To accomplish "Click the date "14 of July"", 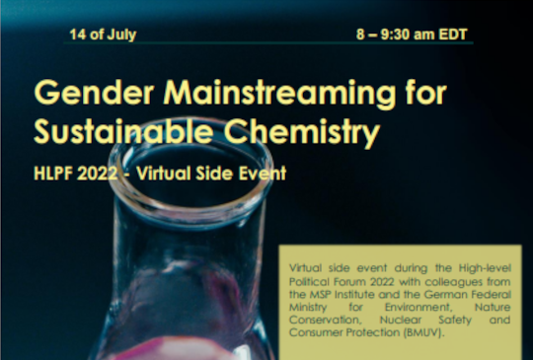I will tap(103, 36).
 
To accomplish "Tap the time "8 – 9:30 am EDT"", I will tap(412, 36).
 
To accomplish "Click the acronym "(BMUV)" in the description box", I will tap(419, 334).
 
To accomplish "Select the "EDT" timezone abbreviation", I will tap(455, 36).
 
